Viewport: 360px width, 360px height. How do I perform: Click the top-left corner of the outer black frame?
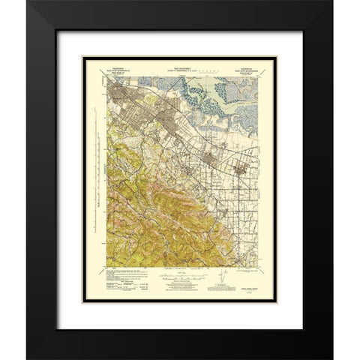28,1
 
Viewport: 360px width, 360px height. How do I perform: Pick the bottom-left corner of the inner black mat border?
57,329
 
